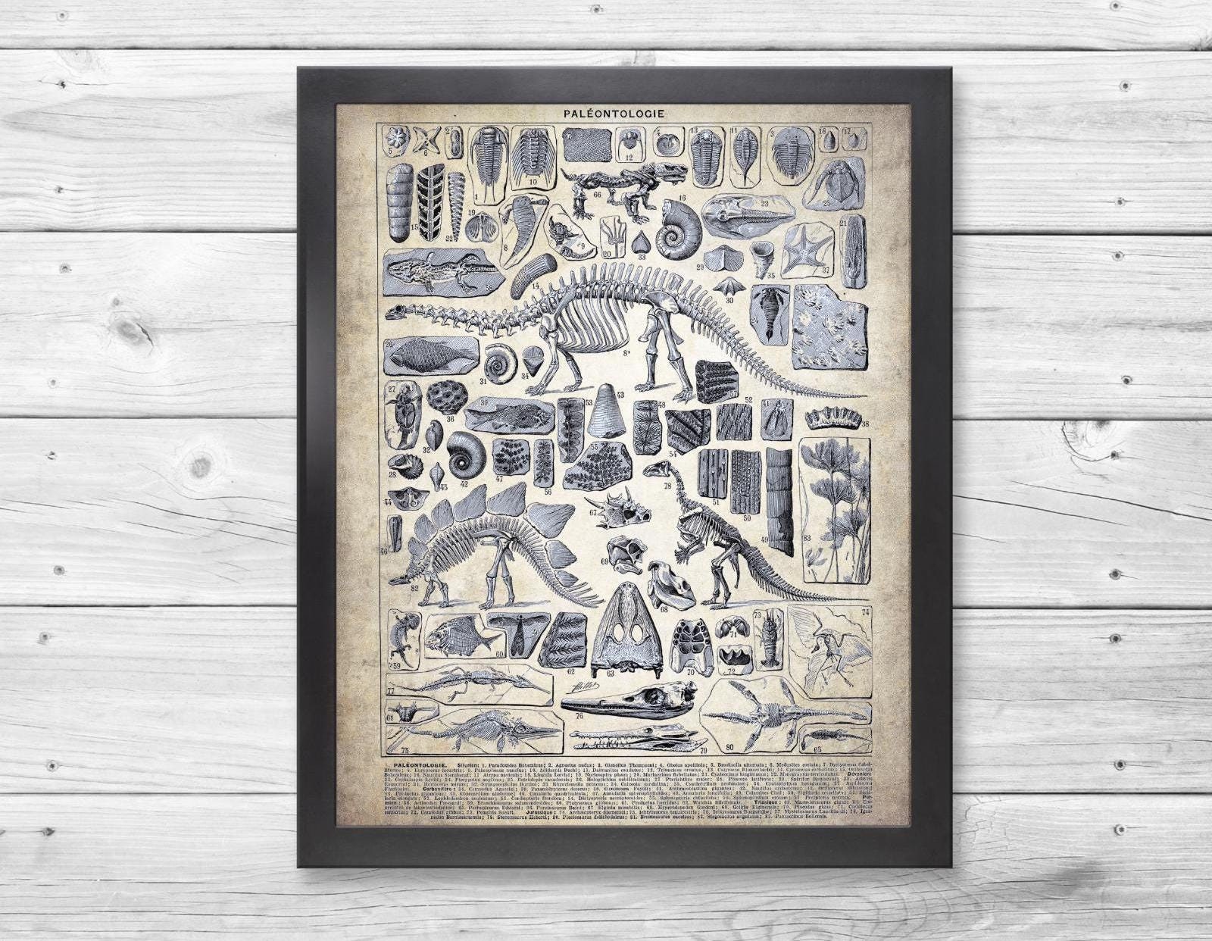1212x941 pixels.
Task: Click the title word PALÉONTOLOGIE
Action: [x=614, y=112]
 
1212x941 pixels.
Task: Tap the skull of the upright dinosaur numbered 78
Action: [x=656, y=471]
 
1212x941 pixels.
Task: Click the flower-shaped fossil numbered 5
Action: [x=395, y=139]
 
